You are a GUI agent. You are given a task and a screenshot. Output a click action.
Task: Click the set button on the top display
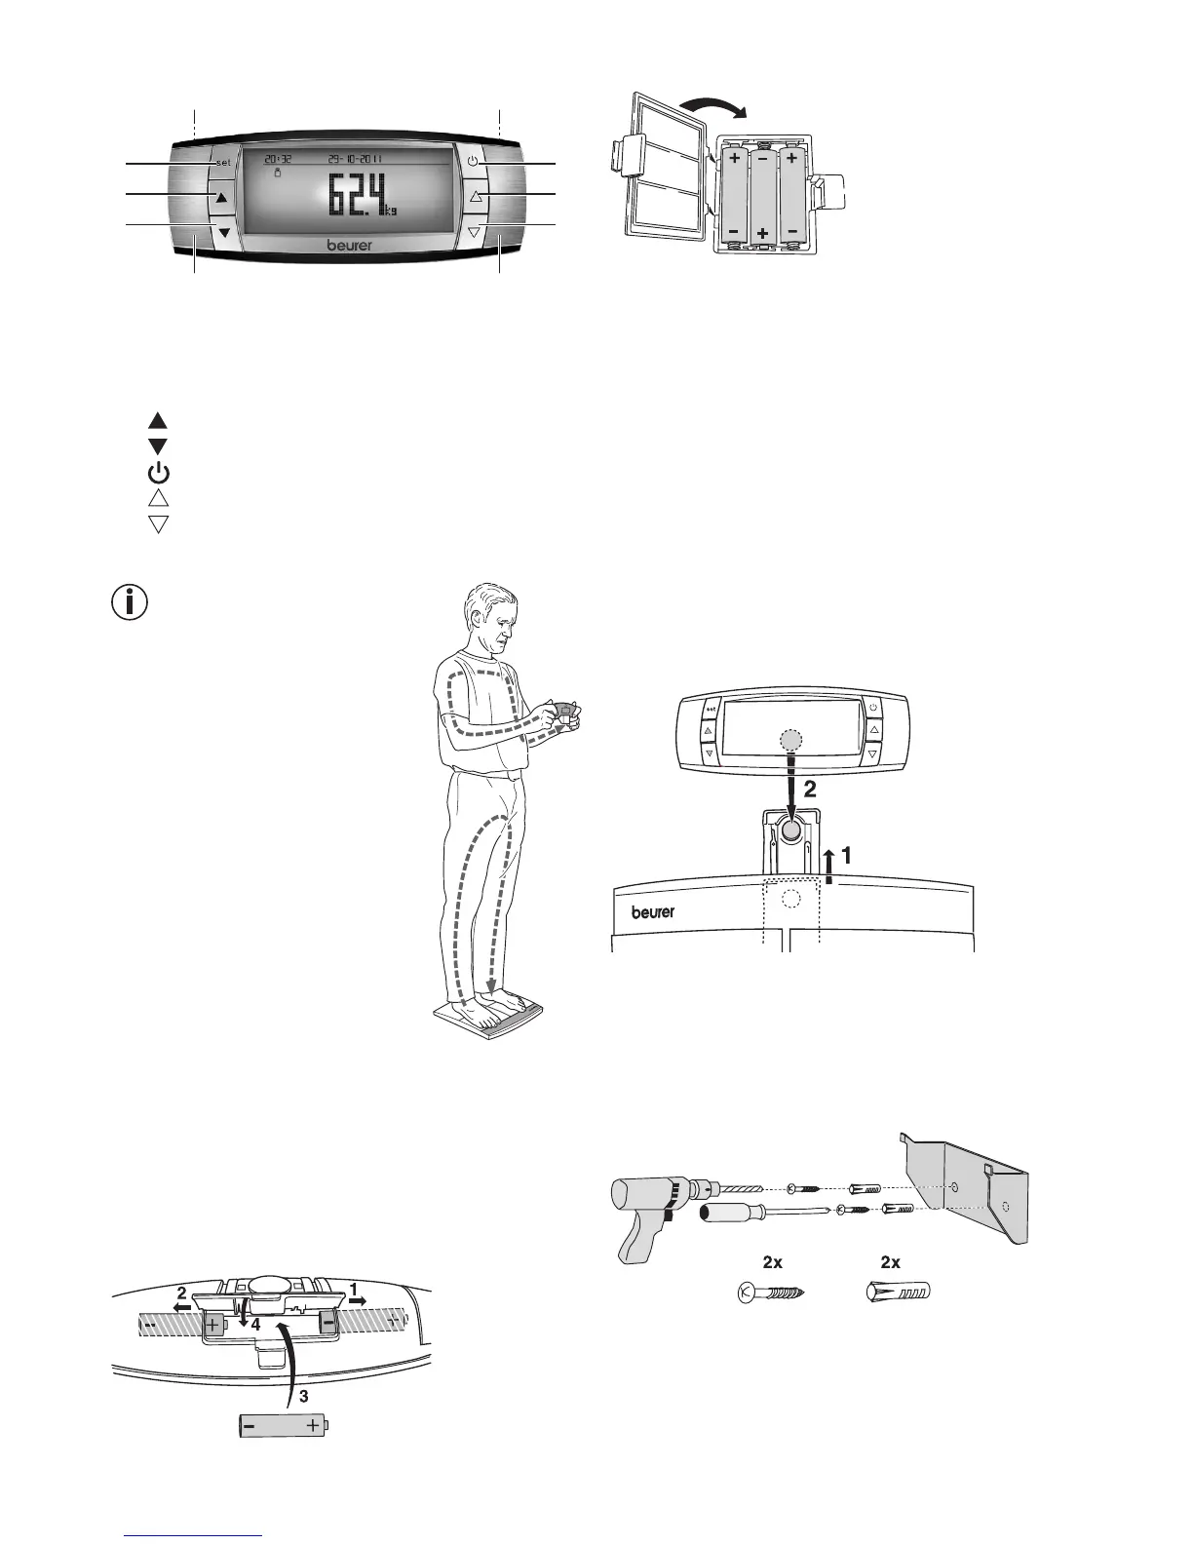click(223, 162)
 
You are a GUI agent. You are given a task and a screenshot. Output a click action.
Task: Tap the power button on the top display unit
click(473, 162)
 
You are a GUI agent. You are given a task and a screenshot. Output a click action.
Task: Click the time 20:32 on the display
click(278, 159)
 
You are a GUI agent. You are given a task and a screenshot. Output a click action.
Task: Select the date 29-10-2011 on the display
click(355, 159)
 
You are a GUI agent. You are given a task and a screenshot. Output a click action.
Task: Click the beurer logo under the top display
click(349, 246)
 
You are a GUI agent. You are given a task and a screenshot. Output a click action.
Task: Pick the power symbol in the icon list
click(158, 474)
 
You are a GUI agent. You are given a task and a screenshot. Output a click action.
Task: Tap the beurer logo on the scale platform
click(653, 912)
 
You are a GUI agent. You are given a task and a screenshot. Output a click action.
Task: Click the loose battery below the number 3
click(283, 1427)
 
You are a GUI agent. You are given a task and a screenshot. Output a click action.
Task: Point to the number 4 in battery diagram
click(254, 1326)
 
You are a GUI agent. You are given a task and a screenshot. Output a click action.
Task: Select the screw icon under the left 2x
click(771, 1293)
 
